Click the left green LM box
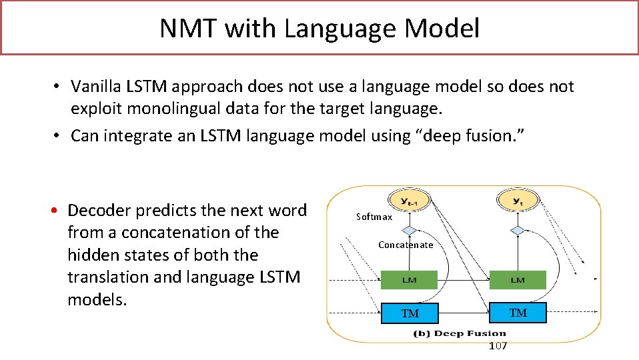[409, 280]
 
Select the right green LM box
[518, 280]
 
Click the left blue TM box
[409, 313]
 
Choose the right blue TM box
[518, 312]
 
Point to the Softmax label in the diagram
[374, 217]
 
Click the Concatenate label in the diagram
[406, 245]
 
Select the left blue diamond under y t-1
[409, 230]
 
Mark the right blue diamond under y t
[518, 230]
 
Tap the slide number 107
[498, 345]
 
